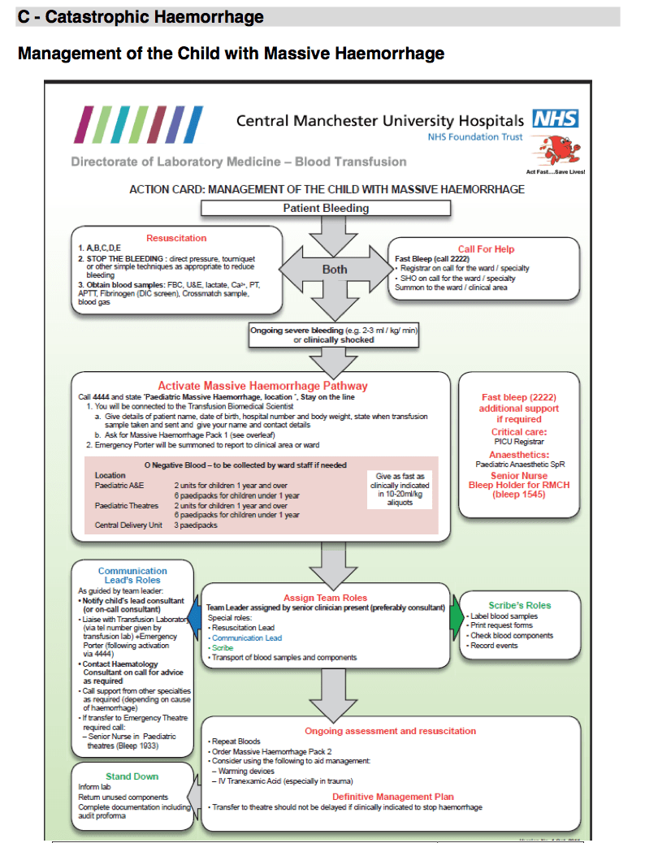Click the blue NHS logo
[x=555, y=119]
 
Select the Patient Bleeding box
[x=325, y=208]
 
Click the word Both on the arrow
[x=335, y=270]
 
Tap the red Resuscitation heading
[x=176, y=238]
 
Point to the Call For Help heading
[x=486, y=249]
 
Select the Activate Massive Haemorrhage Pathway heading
[x=262, y=386]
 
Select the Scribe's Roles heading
[x=520, y=605]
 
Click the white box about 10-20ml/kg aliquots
[x=396, y=489]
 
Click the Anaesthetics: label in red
[x=519, y=455]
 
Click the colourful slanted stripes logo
[x=139, y=124]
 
